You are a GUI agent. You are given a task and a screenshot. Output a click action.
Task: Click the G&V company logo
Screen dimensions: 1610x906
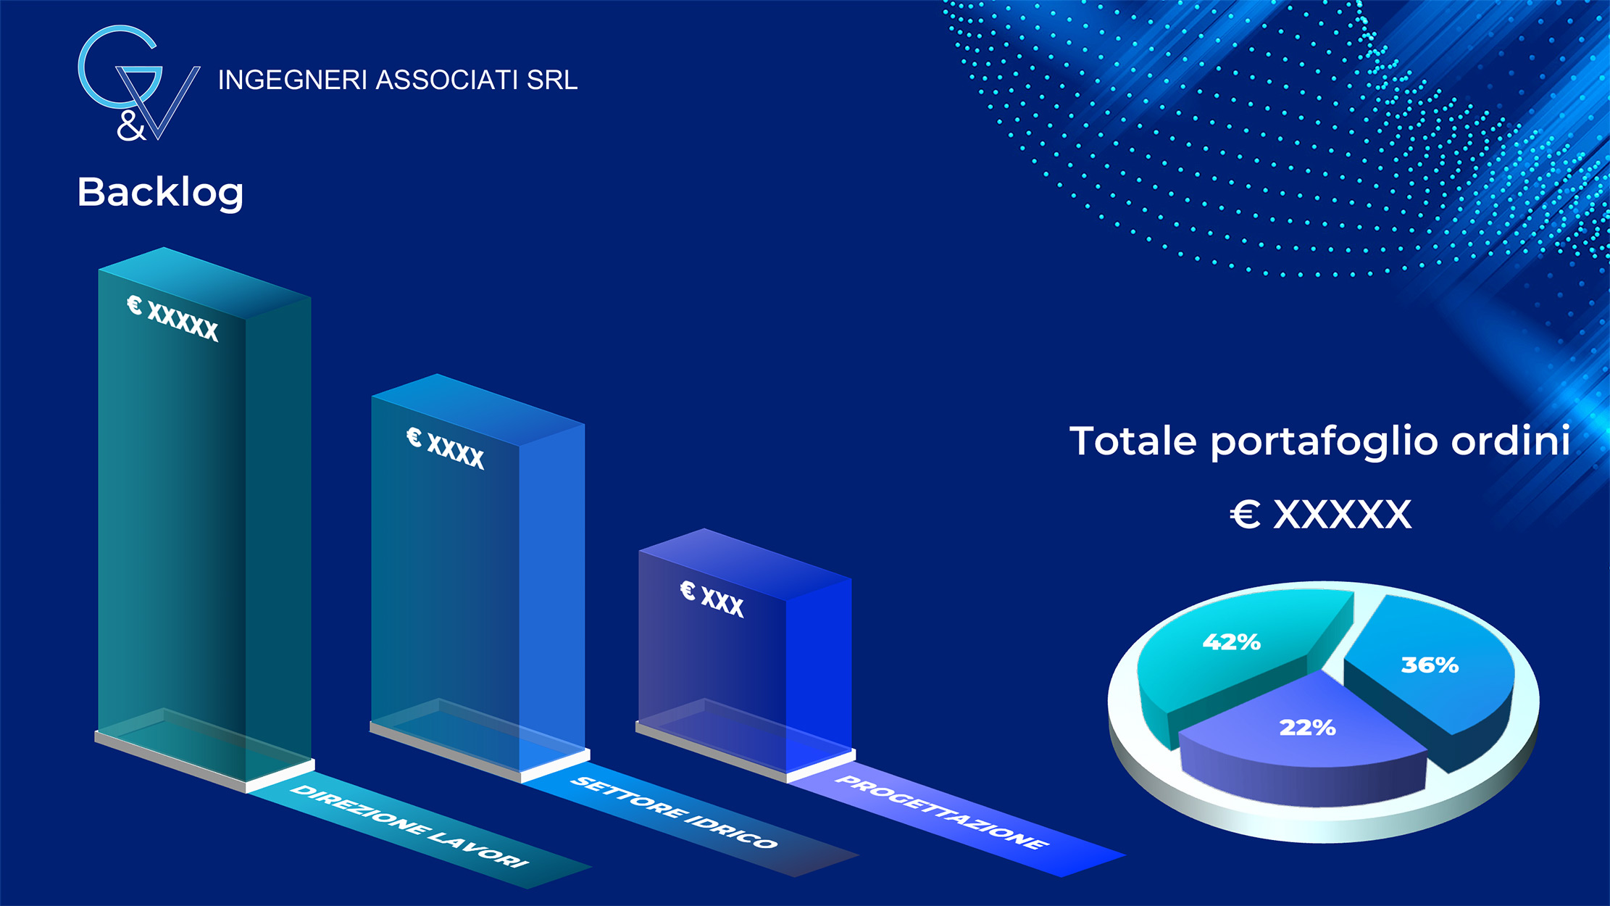[x=138, y=83]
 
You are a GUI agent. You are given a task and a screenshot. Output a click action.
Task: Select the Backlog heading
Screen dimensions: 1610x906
[x=160, y=193]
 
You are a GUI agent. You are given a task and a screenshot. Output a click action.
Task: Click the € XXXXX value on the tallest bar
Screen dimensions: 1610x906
[x=173, y=318]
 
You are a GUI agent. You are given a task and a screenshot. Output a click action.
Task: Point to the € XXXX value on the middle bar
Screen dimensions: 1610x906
[x=445, y=448]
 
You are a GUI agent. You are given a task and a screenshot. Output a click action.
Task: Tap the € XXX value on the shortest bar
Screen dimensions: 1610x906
[x=712, y=599]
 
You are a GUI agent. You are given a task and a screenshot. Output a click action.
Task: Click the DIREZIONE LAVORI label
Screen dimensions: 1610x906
[x=409, y=826]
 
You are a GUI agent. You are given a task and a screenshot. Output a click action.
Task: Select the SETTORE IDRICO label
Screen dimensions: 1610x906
[x=674, y=812]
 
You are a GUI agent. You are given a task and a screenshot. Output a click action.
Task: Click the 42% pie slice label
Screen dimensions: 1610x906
[x=1231, y=641]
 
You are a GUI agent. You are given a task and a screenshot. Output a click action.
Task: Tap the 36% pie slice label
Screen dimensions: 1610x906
[x=1430, y=665]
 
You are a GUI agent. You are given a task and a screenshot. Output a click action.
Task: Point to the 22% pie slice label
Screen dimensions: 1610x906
[x=1307, y=727]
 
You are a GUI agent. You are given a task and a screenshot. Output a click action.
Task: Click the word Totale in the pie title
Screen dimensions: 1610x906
[x=1133, y=441]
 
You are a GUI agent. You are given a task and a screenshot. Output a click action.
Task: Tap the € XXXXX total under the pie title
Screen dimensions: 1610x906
[x=1320, y=515]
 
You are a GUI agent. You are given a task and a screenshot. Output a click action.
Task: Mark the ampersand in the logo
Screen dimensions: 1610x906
[x=131, y=125]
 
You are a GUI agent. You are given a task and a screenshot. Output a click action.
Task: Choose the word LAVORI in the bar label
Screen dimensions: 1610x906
[x=478, y=849]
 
